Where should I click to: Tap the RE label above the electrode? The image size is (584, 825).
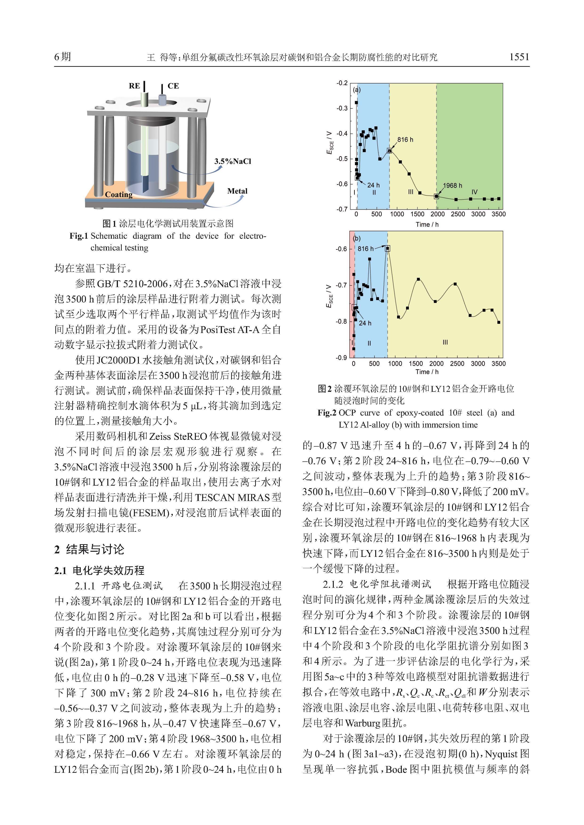click(134, 86)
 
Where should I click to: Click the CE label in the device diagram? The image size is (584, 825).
click(173, 86)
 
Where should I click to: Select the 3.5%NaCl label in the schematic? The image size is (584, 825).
click(233, 161)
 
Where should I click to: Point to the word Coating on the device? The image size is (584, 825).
click(119, 194)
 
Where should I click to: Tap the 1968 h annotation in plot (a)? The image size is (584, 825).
click(452, 185)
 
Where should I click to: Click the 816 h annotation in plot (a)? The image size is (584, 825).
click(405, 140)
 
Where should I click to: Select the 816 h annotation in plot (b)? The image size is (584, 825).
click(365, 249)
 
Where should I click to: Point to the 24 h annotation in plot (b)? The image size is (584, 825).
click(365, 323)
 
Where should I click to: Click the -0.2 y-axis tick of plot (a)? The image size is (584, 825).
click(342, 83)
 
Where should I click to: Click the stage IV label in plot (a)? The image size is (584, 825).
click(474, 192)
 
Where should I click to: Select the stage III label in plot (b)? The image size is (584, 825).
click(445, 342)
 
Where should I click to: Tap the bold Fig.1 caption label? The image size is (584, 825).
click(79, 236)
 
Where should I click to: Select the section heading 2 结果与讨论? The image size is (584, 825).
click(89, 549)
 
